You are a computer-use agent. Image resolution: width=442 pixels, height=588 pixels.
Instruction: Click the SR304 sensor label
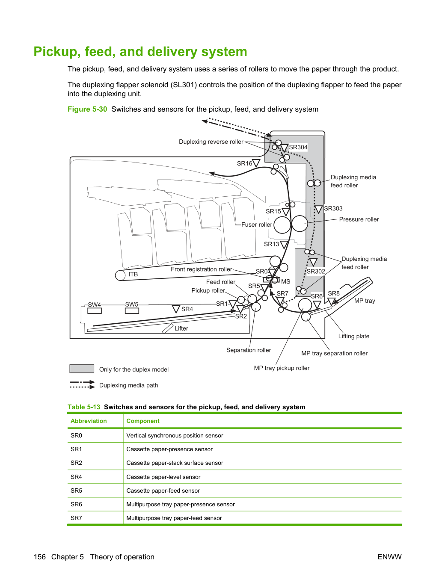[298, 147]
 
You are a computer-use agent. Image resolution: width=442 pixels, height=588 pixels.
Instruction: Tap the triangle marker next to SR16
[256, 163]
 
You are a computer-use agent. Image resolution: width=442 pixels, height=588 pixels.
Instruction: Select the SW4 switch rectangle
[95, 311]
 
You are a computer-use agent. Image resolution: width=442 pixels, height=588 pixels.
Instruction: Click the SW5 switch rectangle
[132, 311]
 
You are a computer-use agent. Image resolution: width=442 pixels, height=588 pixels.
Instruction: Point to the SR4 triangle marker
[176, 309]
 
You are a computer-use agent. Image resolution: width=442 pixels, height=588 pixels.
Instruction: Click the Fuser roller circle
[282, 225]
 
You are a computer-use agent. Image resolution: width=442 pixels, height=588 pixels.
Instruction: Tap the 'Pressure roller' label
[359, 219]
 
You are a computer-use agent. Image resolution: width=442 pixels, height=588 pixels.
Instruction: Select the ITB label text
[133, 274]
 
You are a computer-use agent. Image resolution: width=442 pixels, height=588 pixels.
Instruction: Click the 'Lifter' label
[181, 328]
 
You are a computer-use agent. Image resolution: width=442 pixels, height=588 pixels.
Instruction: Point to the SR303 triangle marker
[318, 209]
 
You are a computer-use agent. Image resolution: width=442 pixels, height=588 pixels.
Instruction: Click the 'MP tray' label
[365, 301]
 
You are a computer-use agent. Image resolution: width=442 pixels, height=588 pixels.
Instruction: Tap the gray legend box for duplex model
[82, 369]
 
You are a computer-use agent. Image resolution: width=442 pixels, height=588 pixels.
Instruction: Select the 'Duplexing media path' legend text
[129, 385]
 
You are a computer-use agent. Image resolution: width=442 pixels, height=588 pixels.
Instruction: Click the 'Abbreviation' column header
[89, 421]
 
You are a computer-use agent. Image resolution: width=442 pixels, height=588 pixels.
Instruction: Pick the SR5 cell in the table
[76, 490]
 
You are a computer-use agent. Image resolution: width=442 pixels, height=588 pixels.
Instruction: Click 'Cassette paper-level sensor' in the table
[163, 477]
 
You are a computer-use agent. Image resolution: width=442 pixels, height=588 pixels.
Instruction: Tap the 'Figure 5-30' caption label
[87, 109]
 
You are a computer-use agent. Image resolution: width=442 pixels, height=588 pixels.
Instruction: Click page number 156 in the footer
[40, 557]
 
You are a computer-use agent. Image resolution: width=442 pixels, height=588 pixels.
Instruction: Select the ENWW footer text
[389, 557]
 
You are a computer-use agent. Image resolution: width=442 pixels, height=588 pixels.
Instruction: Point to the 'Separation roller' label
[249, 350]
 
